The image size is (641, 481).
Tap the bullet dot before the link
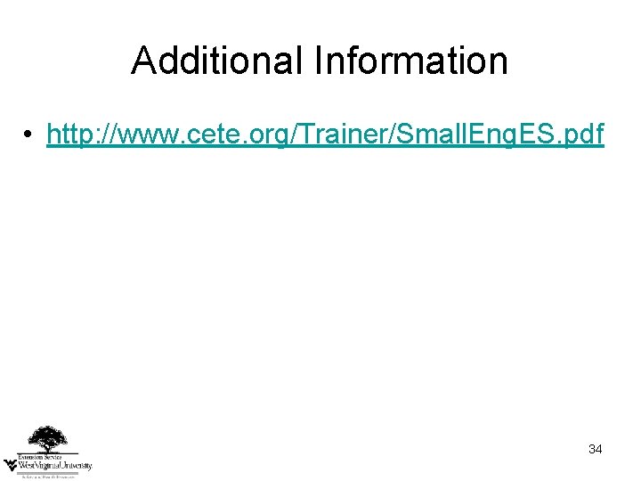coord(29,135)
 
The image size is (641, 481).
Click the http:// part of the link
coord(80,135)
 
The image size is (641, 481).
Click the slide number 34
coord(596,450)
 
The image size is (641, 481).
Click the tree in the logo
coord(46,438)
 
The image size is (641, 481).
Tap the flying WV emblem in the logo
coord(11,463)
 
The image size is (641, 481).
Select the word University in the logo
coord(75,465)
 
